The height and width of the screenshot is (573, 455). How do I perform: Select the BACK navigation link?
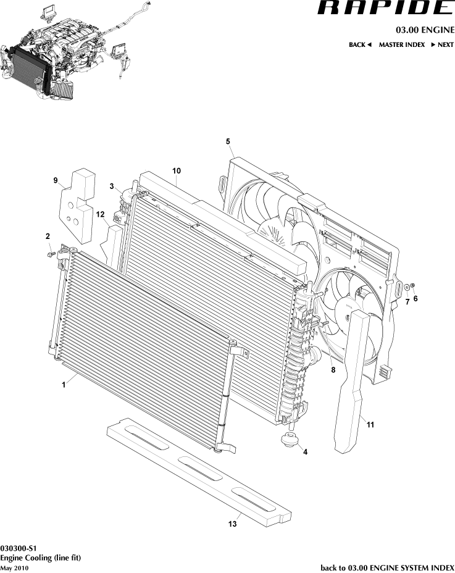[359, 45]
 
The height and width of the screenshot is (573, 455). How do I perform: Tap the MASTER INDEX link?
[401, 45]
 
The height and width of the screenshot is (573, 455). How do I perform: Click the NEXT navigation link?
[442, 45]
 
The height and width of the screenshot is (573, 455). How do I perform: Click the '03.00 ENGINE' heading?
[425, 30]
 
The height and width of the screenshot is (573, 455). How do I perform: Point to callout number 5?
[228, 141]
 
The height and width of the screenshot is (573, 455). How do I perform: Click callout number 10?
[176, 170]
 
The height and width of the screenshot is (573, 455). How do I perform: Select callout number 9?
[56, 180]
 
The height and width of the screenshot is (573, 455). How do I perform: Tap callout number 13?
[232, 524]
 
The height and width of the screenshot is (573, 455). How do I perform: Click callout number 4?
[305, 451]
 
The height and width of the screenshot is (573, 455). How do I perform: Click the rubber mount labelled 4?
[288, 440]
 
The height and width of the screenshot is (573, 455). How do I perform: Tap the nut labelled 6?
[414, 285]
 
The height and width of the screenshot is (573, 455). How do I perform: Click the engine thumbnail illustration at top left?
[68, 52]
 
